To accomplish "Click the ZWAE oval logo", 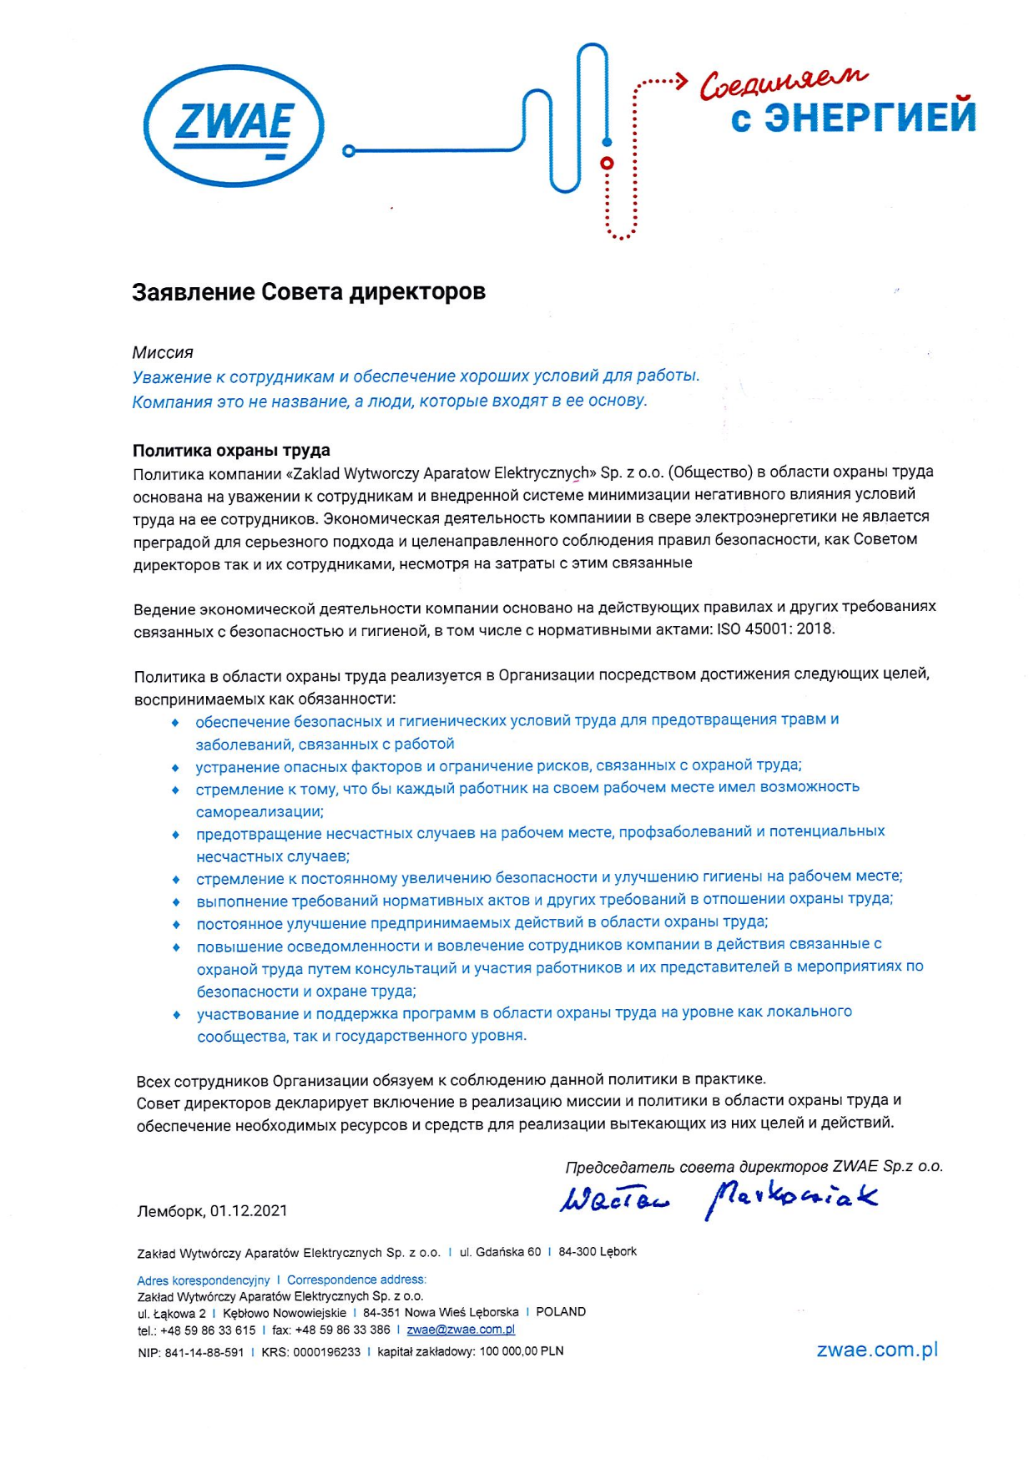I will [x=233, y=126].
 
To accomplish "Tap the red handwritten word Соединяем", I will [x=782, y=82].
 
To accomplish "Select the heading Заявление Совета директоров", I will [x=308, y=292].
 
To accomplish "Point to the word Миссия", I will [x=163, y=353].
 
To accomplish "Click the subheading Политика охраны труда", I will [x=231, y=451].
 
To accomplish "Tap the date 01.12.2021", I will [x=249, y=1210].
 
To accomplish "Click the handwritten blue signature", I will [x=719, y=1198].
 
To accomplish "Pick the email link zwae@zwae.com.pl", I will [x=460, y=1330].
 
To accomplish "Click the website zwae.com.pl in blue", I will [x=877, y=1350].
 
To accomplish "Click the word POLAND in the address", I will [x=561, y=1312].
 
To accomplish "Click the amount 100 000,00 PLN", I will [x=521, y=1351].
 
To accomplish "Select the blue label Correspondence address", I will [x=356, y=1280].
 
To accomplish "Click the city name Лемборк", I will [x=170, y=1210].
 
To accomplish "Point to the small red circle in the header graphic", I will [x=608, y=163].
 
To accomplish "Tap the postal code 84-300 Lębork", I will [x=598, y=1252].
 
